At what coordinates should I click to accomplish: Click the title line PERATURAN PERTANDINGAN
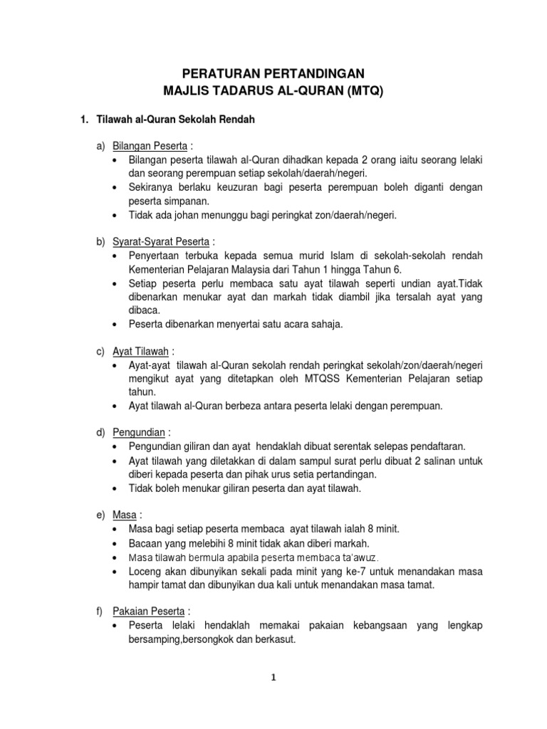(x=273, y=73)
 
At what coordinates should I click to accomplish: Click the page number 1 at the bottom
(x=273, y=678)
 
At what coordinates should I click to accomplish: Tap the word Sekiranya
(x=153, y=187)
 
